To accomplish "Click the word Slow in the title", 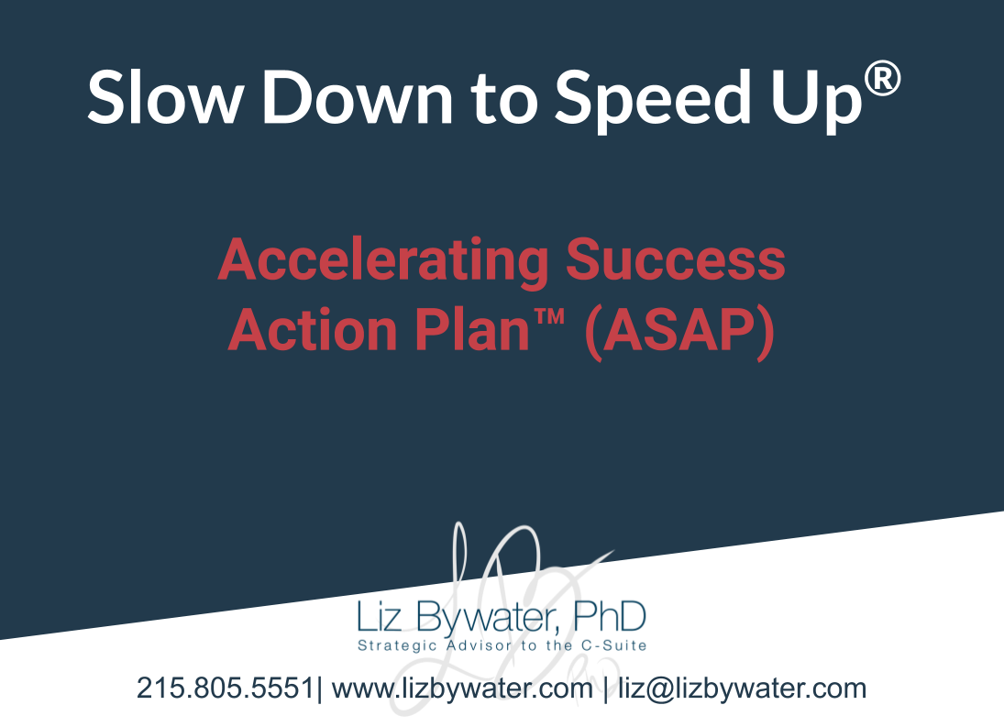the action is (164, 96).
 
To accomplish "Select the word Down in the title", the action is (358, 96).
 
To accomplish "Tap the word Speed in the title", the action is (653, 99).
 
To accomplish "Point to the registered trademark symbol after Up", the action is (882, 78).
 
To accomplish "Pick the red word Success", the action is (676, 259).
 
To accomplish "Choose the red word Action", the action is (313, 330).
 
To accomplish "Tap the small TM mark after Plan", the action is (548, 317).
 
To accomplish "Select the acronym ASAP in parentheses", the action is (680, 332).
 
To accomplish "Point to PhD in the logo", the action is (610, 616).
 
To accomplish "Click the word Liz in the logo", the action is (380, 616).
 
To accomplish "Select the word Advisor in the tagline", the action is (479, 644).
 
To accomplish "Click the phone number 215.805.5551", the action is (225, 688).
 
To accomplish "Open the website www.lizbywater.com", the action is (462, 688).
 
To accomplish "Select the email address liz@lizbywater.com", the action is (742, 688).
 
